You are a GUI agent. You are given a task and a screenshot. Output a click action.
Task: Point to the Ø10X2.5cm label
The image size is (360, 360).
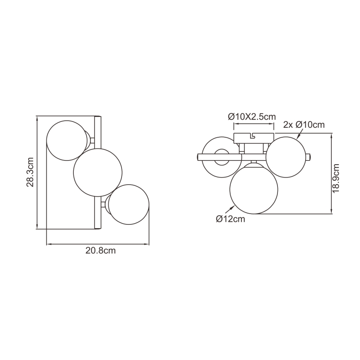252,117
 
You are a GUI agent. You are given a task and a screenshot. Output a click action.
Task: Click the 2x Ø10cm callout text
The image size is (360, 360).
304,124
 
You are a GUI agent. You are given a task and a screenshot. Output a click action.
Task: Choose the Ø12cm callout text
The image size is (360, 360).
230,219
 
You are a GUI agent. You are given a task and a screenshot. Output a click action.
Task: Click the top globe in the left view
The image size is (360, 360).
66,139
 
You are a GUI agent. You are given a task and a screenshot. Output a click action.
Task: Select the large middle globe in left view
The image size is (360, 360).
97,172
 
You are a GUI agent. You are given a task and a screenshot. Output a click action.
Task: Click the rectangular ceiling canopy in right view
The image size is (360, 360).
254,138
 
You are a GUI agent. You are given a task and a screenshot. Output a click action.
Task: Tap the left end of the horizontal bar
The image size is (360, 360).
199,157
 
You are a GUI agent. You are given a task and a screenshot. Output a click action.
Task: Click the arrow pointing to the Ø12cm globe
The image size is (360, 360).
229,209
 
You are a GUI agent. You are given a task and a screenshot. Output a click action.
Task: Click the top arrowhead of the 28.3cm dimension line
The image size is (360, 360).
38,118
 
